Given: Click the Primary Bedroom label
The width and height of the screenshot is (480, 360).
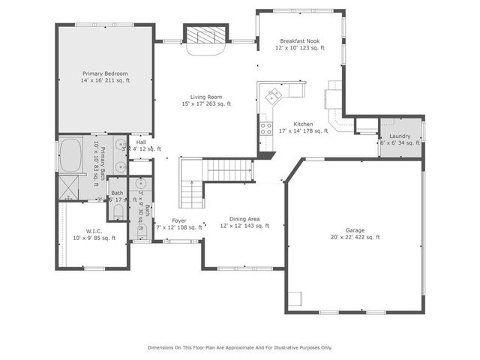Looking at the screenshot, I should [x=106, y=73].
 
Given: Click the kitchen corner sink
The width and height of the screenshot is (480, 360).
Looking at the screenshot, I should [x=273, y=95].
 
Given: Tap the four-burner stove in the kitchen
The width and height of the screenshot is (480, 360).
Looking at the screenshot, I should [x=265, y=126].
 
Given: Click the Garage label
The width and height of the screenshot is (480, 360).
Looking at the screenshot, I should [x=355, y=229].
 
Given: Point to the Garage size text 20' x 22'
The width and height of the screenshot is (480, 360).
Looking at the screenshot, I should [x=355, y=237].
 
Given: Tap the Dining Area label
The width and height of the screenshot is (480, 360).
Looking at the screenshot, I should [x=244, y=219].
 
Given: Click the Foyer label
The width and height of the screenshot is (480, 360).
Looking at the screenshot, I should [x=178, y=220].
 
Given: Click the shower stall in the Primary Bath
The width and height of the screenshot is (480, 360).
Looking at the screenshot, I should [x=72, y=184].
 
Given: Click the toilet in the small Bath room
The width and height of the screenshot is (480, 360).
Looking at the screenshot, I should [x=118, y=211].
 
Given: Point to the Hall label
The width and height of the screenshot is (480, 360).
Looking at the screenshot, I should [x=142, y=142].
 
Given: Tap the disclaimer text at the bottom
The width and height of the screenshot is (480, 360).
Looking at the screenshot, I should [x=239, y=348].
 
